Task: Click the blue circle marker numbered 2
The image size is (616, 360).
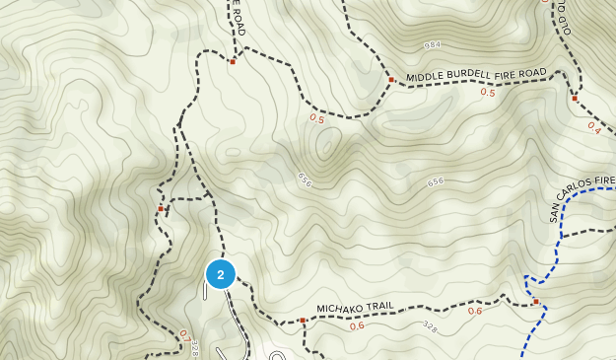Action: pos(221,274)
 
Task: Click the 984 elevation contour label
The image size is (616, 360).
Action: pos(432,45)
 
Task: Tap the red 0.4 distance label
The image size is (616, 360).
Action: pos(593,126)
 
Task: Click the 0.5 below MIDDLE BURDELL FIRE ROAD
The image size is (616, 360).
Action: pos(487,93)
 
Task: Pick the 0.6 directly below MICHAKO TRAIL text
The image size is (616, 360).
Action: pos(356,325)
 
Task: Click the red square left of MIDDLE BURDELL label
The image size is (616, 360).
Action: pos(391,80)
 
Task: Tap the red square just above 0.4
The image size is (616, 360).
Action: pos(574,99)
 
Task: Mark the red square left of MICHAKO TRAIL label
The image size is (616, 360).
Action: pos(302,321)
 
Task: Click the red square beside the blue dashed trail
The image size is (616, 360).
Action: pos(536,302)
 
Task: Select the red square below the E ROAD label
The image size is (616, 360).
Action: pos(233,62)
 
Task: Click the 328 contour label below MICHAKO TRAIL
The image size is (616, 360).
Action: pos(430,324)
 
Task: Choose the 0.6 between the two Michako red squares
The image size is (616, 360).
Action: pos(475,312)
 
